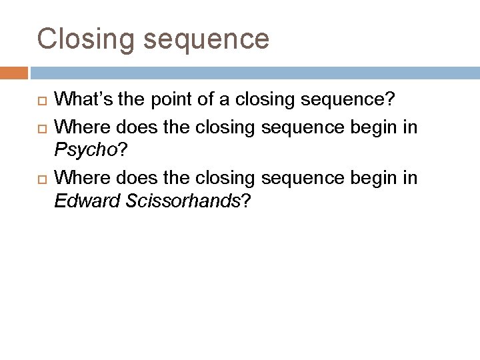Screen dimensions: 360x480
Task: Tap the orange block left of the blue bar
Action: (x=14, y=72)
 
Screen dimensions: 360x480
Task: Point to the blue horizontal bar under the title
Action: (x=253, y=72)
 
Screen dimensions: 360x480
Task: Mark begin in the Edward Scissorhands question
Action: (x=375, y=178)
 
